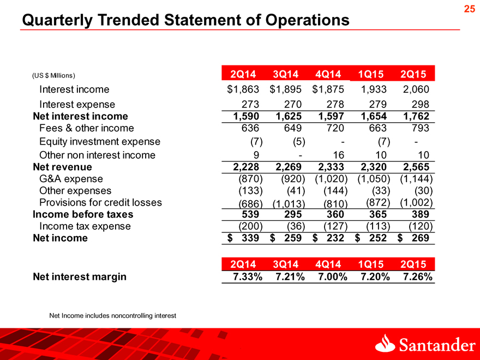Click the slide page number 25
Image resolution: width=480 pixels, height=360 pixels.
click(469, 9)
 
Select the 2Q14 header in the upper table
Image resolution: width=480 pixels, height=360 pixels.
click(243, 74)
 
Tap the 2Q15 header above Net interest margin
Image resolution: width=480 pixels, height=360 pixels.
click(413, 264)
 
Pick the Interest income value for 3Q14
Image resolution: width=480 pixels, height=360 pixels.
click(286, 89)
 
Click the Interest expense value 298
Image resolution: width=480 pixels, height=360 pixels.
click(421, 104)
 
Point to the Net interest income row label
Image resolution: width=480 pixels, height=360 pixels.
click(81, 116)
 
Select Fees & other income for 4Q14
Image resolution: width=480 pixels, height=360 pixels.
click(335, 128)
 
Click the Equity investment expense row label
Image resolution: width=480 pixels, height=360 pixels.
click(100, 141)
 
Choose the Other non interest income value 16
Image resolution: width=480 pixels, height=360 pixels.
click(339, 155)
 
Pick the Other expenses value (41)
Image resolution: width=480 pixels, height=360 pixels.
click(296, 191)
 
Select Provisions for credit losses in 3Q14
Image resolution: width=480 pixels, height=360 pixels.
click(289, 203)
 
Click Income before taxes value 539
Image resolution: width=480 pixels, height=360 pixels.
click(250, 214)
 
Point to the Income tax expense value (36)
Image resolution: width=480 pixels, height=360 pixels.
click(296, 226)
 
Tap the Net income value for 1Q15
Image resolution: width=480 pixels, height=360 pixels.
click(371, 238)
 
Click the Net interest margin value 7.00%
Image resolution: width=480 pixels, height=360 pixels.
click(332, 277)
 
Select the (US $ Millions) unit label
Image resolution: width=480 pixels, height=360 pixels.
click(53, 75)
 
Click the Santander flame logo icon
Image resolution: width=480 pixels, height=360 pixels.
click(385, 343)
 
